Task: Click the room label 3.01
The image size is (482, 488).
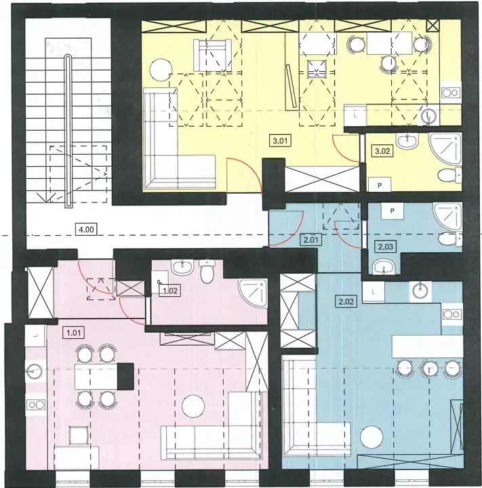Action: click(x=280, y=141)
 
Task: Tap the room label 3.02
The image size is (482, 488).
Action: click(x=382, y=151)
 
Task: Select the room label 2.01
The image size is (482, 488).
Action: click(x=310, y=240)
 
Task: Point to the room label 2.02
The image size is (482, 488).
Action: click(x=346, y=301)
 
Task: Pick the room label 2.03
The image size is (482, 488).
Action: click(x=386, y=247)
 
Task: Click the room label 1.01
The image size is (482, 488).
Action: click(x=74, y=333)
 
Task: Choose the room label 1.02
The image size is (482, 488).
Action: click(x=170, y=291)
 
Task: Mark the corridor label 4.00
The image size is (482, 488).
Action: click(x=86, y=230)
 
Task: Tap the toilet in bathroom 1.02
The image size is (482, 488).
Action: click(x=207, y=270)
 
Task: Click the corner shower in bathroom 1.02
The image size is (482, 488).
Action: click(x=252, y=293)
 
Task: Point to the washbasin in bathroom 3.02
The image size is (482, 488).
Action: click(x=407, y=141)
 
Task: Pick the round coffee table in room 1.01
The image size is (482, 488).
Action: click(x=193, y=407)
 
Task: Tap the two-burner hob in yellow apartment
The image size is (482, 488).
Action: click(x=451, y=92)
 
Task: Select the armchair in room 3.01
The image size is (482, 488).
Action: click(x=212, y=55)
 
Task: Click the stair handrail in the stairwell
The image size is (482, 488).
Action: click(x=68, y=131)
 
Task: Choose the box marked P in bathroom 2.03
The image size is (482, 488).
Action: click(x=392, y=211)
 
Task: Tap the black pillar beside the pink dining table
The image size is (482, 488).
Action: click(x=126, y=376)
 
